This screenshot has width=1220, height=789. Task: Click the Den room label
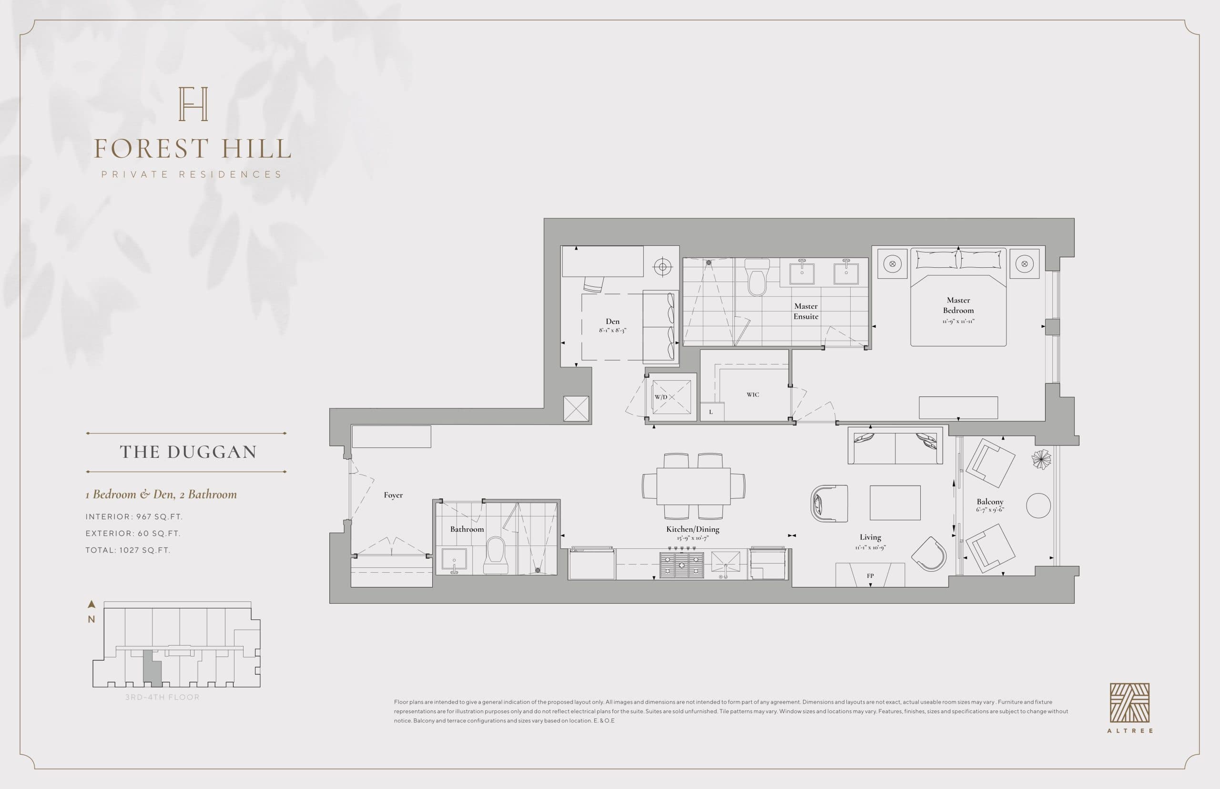point(612,322)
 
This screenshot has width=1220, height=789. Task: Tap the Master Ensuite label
point(805,311)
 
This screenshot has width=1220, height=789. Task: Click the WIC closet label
point(752,394)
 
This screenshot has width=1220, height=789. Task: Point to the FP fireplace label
point(870,576)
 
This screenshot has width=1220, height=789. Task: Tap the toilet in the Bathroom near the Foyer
point(496,555)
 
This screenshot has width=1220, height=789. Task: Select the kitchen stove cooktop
point(681,565)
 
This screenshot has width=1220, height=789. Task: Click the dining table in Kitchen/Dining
point(693,486)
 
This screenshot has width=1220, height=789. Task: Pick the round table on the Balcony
point(1038,505)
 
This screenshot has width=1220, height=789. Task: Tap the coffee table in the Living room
point(895,503)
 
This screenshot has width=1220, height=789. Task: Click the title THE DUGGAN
point(188,452)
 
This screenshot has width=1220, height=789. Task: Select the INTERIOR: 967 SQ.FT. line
point(134,516)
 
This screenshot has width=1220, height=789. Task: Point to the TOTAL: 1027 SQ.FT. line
point(128,550)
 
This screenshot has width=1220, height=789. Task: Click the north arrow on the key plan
point(91,605)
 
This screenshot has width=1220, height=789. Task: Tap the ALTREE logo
point(1129,703)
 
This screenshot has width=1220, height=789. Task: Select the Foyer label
point(393,495)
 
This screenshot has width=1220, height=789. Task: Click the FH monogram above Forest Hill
point(193,104)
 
